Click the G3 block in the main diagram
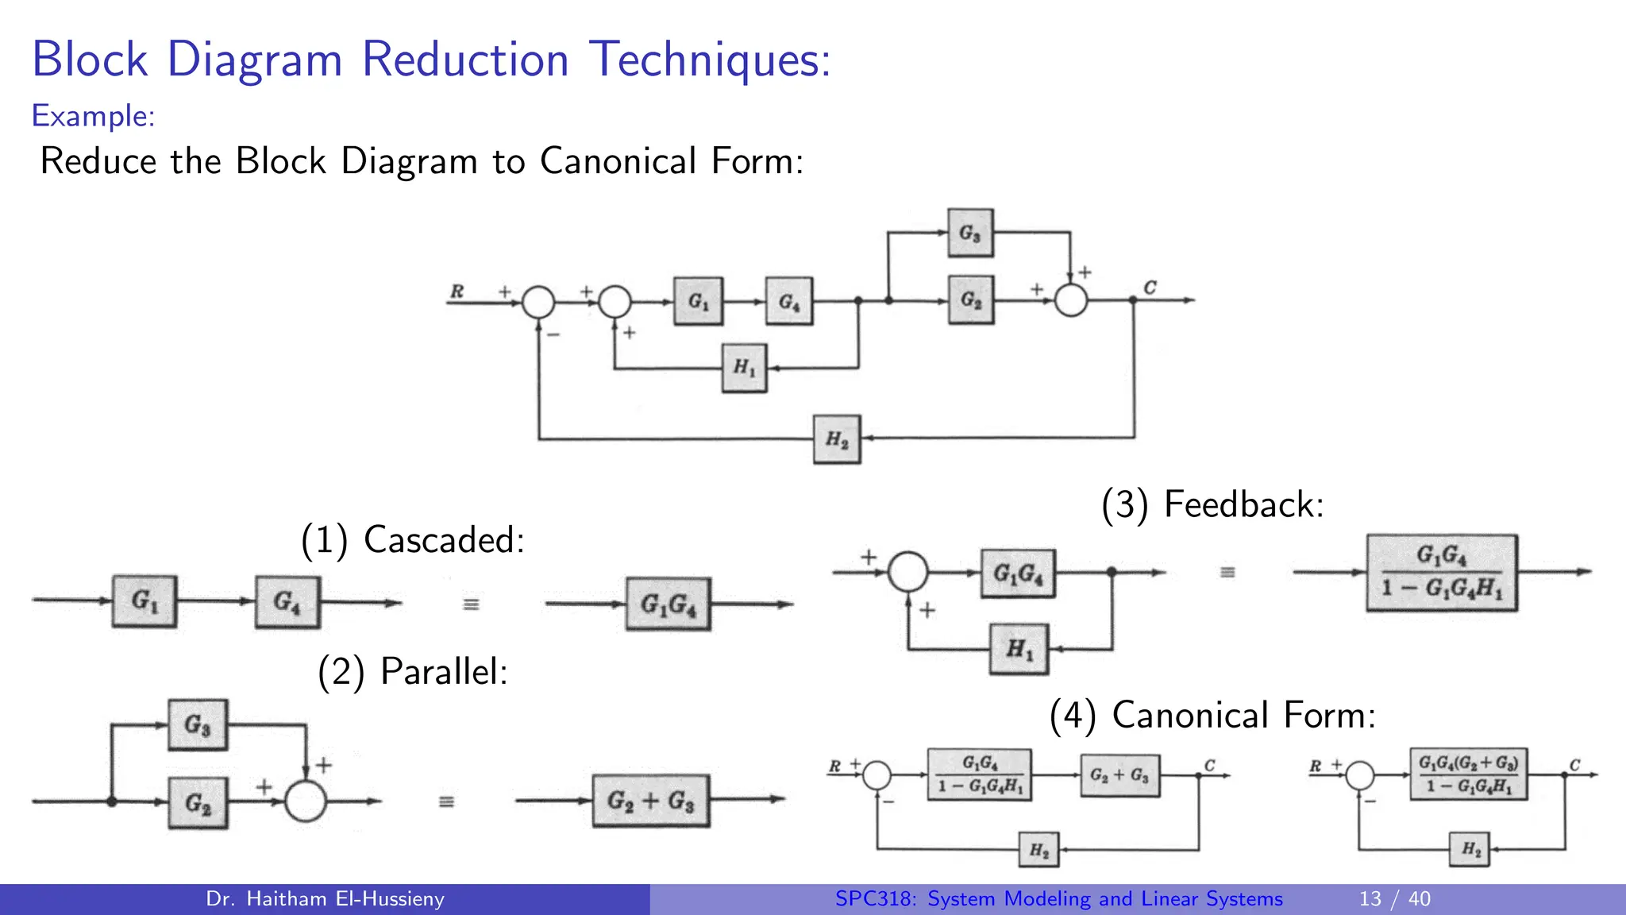969,233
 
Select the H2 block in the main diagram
837,438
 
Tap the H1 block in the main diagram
744,367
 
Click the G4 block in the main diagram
788,301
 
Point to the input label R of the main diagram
457,291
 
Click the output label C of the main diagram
1150,287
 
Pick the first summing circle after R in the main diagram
538,302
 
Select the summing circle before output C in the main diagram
1070,300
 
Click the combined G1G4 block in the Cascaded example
668,604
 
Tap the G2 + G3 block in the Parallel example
650,801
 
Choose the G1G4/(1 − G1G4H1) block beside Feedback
1441,572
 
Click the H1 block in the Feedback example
1019,649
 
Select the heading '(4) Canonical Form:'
1212,715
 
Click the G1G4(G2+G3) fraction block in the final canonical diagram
1468,774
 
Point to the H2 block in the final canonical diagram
1470,849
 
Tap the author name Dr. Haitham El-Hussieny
325,898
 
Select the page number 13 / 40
1394,898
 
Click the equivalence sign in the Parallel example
447,801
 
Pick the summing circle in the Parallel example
306,801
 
